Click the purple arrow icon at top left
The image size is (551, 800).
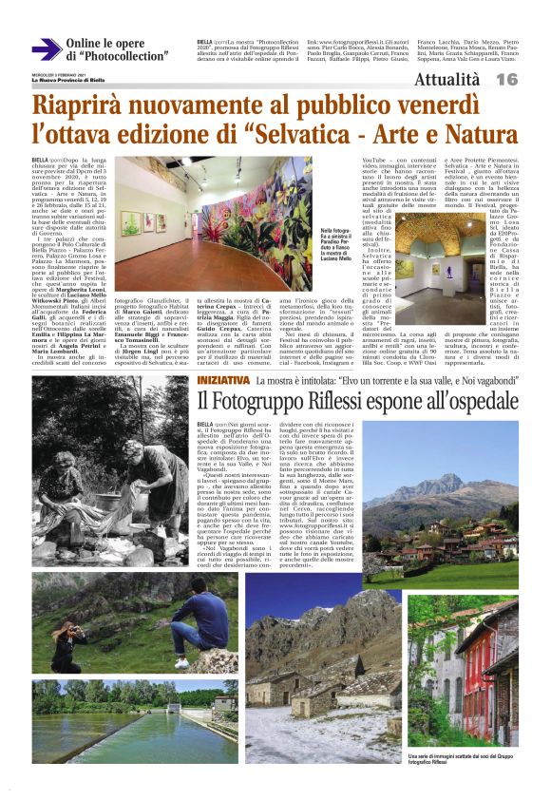(46, 49)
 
